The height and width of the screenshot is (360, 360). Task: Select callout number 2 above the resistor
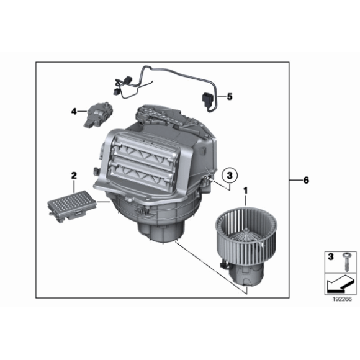coord(73,176)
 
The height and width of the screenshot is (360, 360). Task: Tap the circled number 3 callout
coord(229,174)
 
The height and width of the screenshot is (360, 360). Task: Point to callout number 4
coord(73,112)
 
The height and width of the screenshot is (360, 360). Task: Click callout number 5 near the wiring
coord(229,97)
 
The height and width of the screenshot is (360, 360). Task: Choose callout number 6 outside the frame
coord(305,180)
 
